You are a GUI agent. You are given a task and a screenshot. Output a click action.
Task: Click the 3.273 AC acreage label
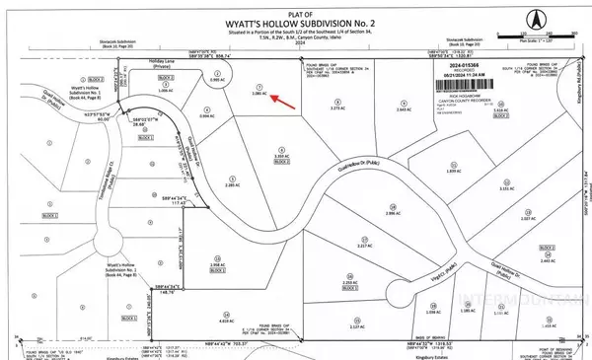(x=336, y=135)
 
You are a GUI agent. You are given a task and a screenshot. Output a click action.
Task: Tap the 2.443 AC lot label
(x=548, y=260)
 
